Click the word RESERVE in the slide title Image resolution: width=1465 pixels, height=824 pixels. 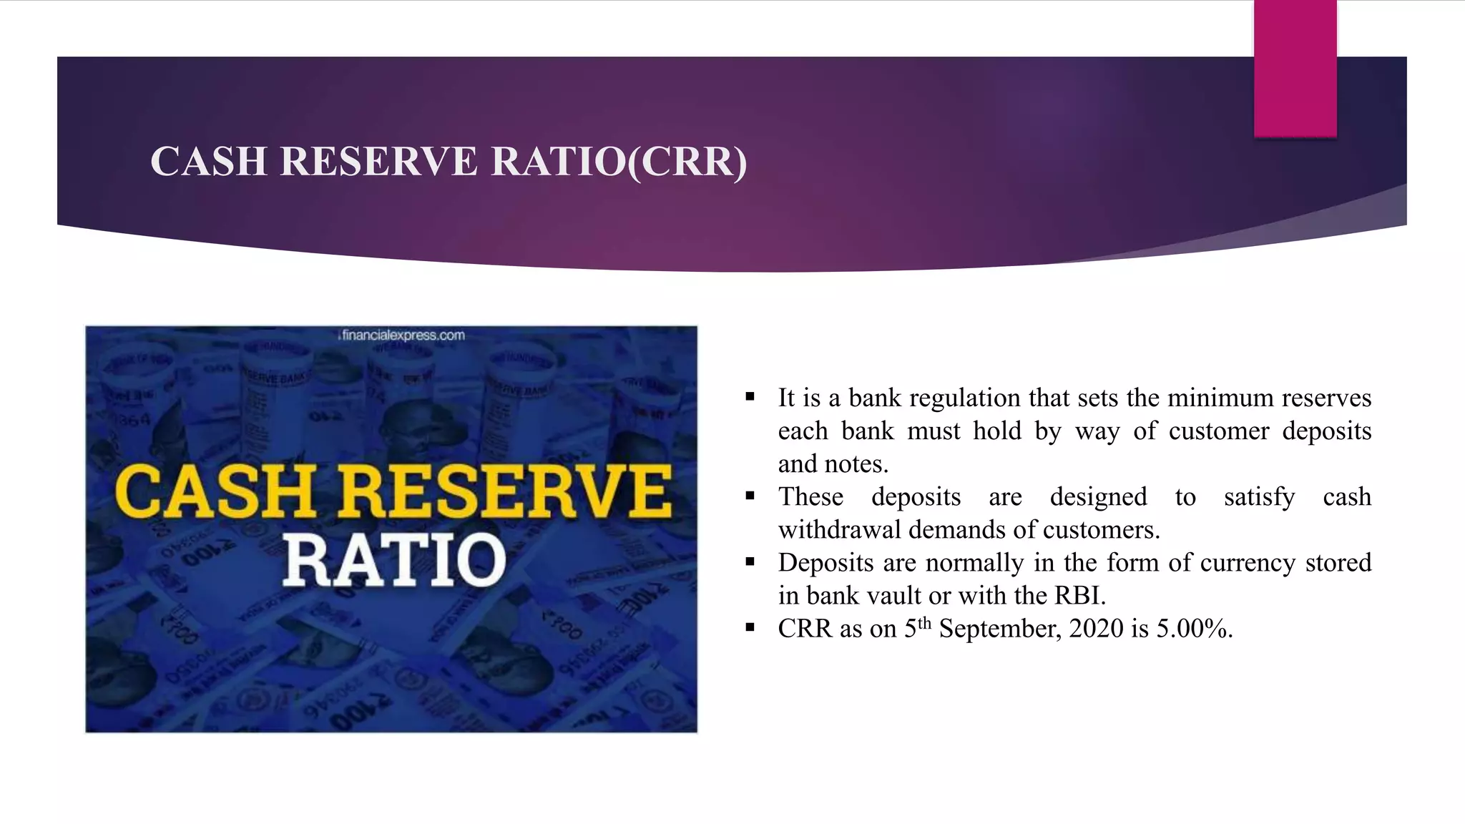coord(378,161)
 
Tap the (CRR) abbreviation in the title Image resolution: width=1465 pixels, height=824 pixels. coord(687,162)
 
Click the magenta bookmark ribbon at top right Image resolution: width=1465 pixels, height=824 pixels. coord(1295,69)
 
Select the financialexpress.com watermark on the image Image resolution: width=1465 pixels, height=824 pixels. coord(403,335)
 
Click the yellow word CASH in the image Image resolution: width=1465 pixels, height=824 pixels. coord(215,492)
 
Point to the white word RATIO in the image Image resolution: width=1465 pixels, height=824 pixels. coord(394,560)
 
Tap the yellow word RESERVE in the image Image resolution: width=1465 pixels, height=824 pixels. coord(505,492)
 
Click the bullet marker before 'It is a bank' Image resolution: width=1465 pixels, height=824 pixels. coord(750,397)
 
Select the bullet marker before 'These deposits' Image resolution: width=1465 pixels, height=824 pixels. coord(750,496)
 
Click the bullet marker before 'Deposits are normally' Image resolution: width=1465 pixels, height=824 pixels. coord(750,561)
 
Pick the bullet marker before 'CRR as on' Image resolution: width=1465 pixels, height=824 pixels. coord(750,628)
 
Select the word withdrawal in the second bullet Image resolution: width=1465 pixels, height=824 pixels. coord(839,530)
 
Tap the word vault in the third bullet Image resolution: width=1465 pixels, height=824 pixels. coord(893,596)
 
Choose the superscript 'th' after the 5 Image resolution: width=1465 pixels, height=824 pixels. coord(924,622)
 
